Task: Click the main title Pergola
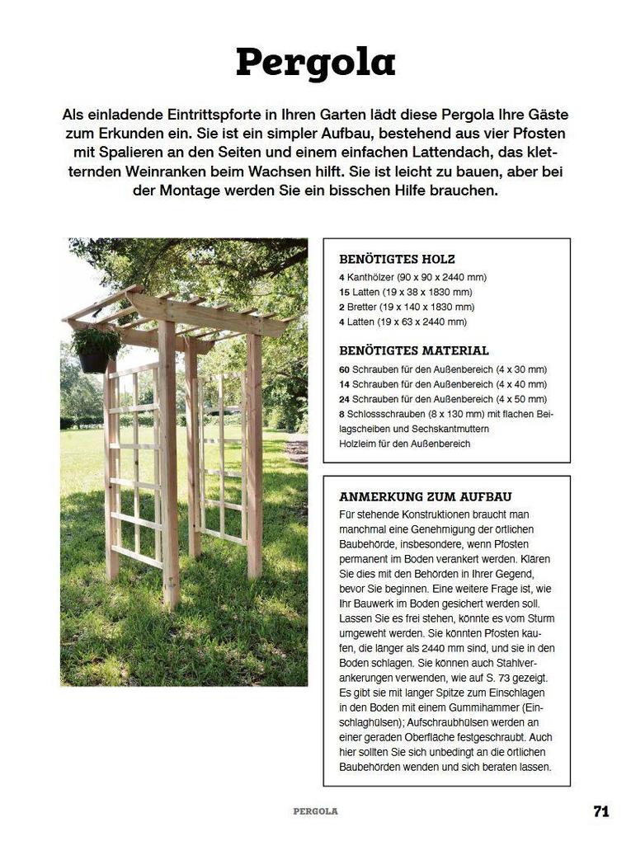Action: tap(315, 63)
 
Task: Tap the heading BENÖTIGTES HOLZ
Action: tap(397, 259)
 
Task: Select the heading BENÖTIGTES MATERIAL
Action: tap(413, 350)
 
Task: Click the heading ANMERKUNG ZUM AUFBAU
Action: tap(425, 496)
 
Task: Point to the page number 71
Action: tap(601, 810)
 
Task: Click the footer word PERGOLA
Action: tap(315, 811)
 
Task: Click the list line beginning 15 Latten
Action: tap(405, 293)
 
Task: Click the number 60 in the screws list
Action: tap(344, 369)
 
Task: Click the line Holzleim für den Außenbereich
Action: tap(404, 444)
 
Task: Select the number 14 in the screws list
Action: tap(344, 384)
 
